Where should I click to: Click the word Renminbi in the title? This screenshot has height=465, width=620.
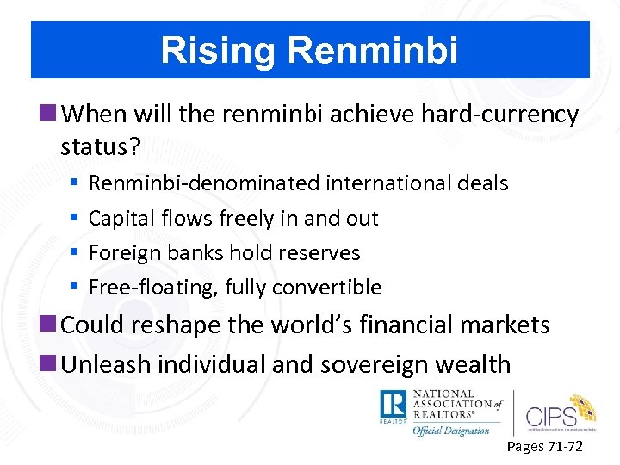coord(373,50)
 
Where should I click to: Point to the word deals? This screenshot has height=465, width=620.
coord(482,183)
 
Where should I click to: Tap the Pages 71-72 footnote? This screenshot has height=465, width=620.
coord(545,447)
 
